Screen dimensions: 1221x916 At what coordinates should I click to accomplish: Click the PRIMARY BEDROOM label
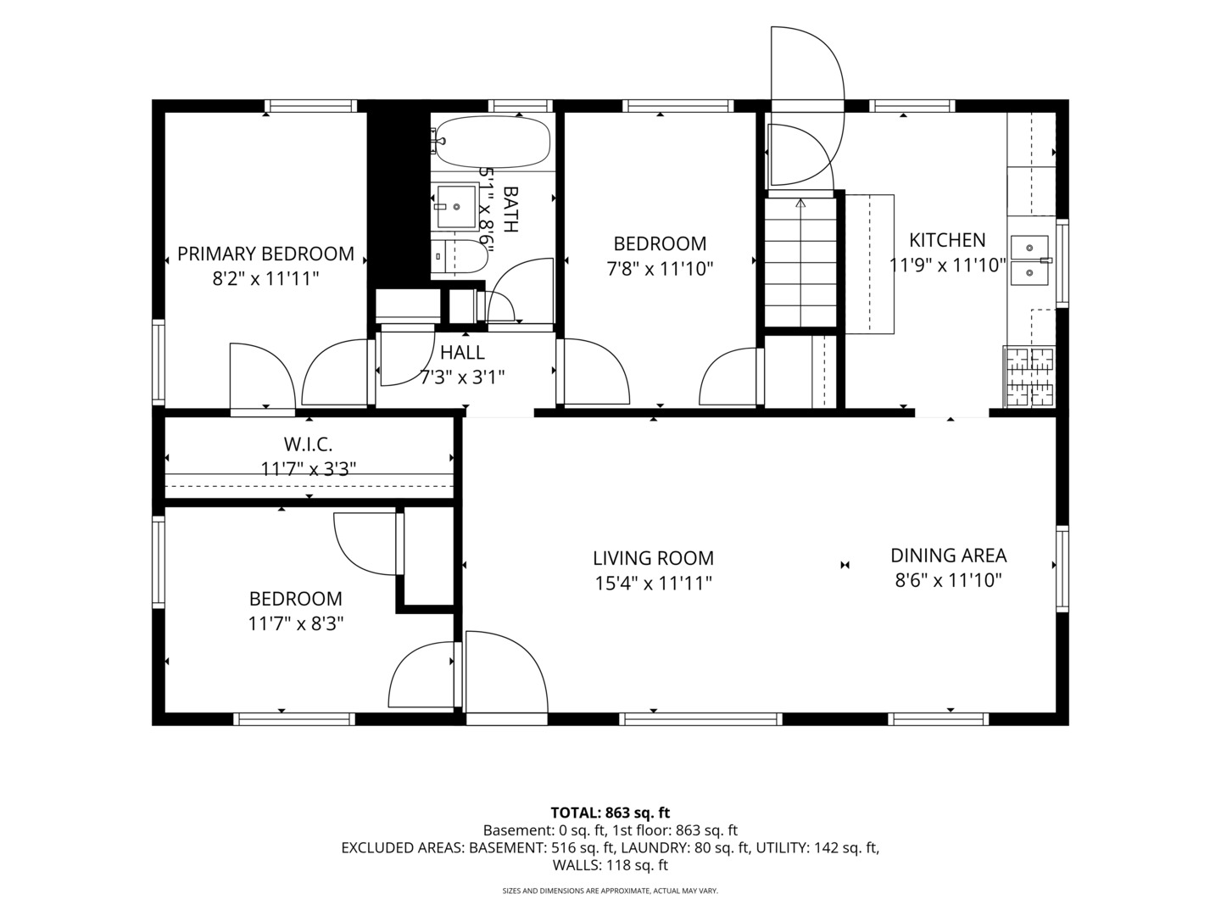[x=265, y=254]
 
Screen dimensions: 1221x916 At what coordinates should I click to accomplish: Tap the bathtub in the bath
[x=493, y=142]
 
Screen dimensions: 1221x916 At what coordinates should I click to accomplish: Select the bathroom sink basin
[x=457, y=207]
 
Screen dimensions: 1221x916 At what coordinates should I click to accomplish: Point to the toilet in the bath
[x=460, y=257]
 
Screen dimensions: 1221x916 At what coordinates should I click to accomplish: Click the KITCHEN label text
[x=947, y=240]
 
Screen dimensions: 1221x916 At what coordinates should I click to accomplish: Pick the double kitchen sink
[x=1029, y=260]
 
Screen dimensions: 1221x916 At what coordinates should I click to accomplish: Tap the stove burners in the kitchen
[x=1029, y=377]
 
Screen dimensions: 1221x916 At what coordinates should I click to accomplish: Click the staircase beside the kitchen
[x=800, y=263]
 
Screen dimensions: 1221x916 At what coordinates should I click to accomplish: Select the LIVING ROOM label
[x=653, y=558]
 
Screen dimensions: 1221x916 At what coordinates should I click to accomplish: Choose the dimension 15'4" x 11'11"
[x=653, y=584]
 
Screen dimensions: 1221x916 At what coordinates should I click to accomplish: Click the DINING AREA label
[x=949, y=555]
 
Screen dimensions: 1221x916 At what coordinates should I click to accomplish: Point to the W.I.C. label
[x=308, y=444]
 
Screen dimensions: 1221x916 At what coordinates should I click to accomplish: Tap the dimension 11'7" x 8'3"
[x=295, y=624]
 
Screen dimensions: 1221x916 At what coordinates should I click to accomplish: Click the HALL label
[x=462, y=352]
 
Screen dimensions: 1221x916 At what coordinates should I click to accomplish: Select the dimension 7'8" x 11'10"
[x=660, y=269]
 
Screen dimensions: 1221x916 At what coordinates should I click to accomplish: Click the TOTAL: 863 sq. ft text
[x=610, y=813]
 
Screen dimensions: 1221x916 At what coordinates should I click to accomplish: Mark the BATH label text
[x=510, y=209]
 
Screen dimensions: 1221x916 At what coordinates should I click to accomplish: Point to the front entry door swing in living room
[x=506, y=672]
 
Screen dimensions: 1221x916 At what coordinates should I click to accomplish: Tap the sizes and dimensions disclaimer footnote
[x=610, y=891]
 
